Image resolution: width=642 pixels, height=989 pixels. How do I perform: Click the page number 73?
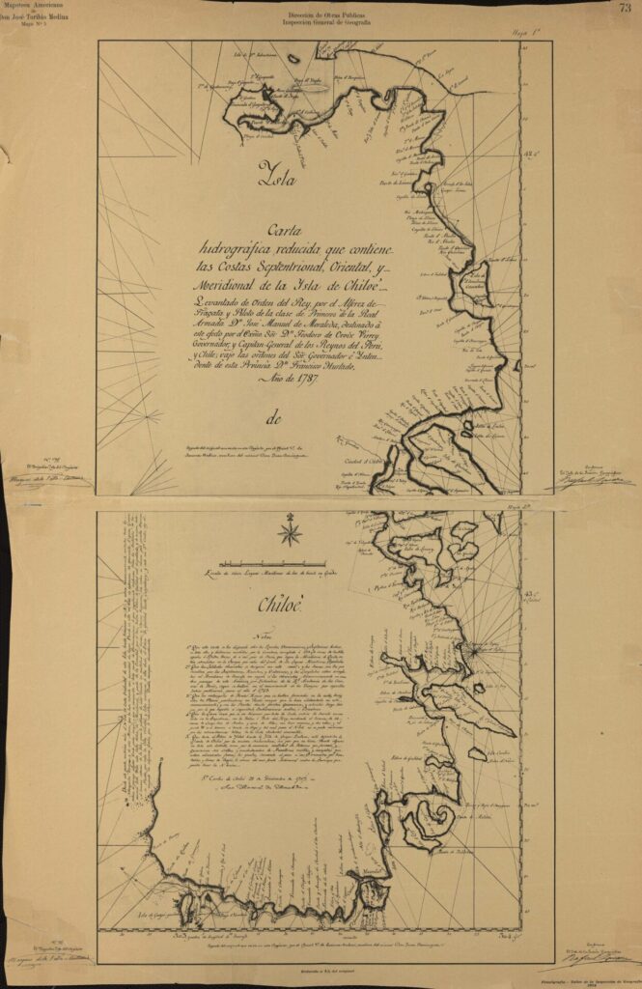(626, 8)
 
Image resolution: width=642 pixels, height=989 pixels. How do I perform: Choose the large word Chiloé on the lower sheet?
(281, 606)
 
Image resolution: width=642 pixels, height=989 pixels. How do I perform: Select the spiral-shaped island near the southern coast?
(430, 817)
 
